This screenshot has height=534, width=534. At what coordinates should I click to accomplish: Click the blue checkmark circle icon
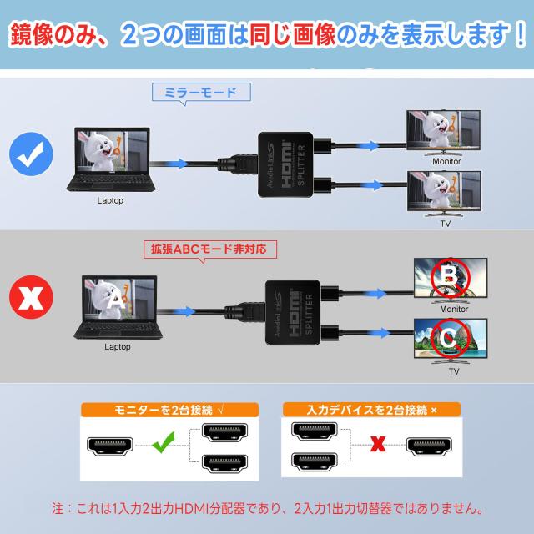(x=32, y=155)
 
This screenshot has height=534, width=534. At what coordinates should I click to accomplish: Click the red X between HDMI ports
(x=377, y=444)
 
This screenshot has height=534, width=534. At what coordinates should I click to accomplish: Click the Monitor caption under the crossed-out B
(x=450, y=308)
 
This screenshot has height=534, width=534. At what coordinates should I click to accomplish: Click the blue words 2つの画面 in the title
(x=174, y=35)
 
